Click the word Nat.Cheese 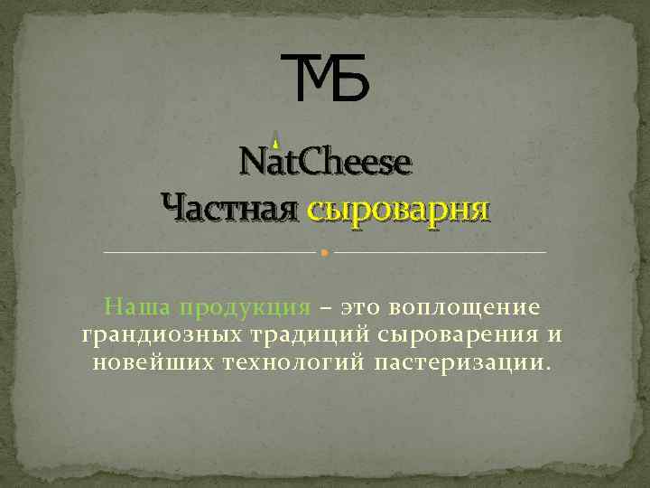(325, 163)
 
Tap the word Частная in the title (229, 209)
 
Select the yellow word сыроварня (398, 209)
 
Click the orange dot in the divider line (325, 252)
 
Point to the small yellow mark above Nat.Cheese (275, 139)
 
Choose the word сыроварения (460, 335)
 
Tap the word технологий (290, 363)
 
